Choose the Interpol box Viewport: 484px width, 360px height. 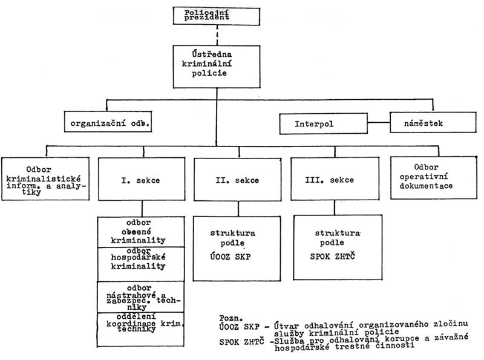coord(315,124)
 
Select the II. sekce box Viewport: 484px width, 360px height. coord(238,180)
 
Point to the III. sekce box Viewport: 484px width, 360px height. coord(335,180)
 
